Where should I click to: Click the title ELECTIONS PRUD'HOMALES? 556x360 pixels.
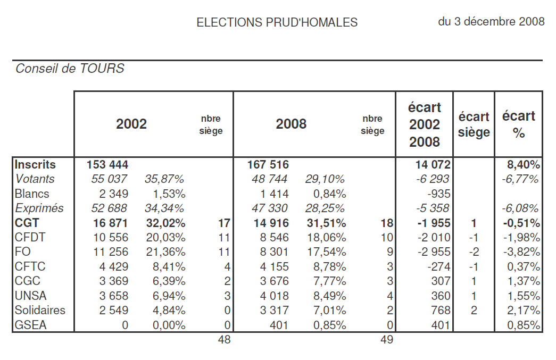pos(277,22)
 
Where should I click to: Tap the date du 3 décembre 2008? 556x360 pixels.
pos(491,22)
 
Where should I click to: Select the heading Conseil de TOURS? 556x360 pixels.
pos(70,69)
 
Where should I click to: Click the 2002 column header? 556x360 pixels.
pos(131,124)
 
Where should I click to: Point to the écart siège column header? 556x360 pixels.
pos(474,124)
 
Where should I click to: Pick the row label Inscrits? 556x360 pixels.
pos(36,165)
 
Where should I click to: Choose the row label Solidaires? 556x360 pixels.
pos(40,310)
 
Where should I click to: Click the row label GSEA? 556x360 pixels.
pos(31,324)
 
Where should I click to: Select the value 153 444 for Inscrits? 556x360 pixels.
pos(108,165)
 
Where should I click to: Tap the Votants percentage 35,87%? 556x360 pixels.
pos(165,179)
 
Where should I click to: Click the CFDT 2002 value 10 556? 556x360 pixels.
pos(108,237)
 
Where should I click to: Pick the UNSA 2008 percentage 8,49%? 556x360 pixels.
pos(325,296)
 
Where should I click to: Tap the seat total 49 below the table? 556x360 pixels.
pos(387,340)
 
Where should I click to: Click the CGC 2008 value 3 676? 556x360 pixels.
pos(271,281)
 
